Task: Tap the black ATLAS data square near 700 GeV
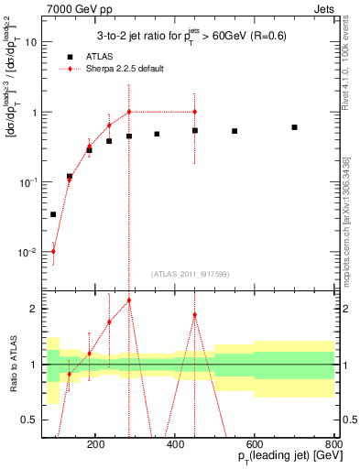tap(294, 127)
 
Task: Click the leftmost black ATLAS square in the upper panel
tap(53, 214)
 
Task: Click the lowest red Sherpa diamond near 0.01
tap(53, 251)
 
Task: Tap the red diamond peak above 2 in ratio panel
tap(129, 300)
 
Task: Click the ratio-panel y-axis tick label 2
tap(33, 309)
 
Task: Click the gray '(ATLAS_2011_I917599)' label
tap(189, 274)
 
